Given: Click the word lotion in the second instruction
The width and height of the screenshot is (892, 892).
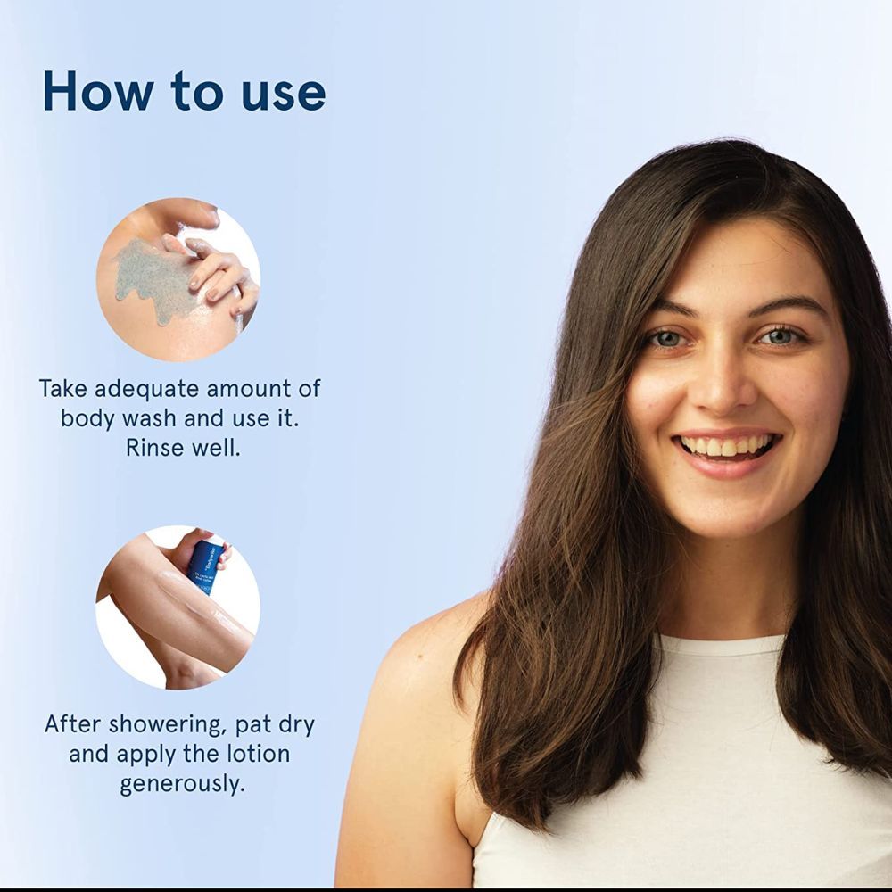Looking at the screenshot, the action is point(259,754).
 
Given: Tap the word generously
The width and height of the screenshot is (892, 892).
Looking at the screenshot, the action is point(182,784).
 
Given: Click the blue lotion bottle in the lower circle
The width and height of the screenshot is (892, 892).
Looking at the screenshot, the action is point(206,566).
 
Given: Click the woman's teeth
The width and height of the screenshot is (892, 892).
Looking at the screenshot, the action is point(728,445).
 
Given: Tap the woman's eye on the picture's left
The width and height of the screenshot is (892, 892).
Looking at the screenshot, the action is point(664,340).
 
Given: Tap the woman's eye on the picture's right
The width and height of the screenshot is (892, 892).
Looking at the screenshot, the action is point(780,336).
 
